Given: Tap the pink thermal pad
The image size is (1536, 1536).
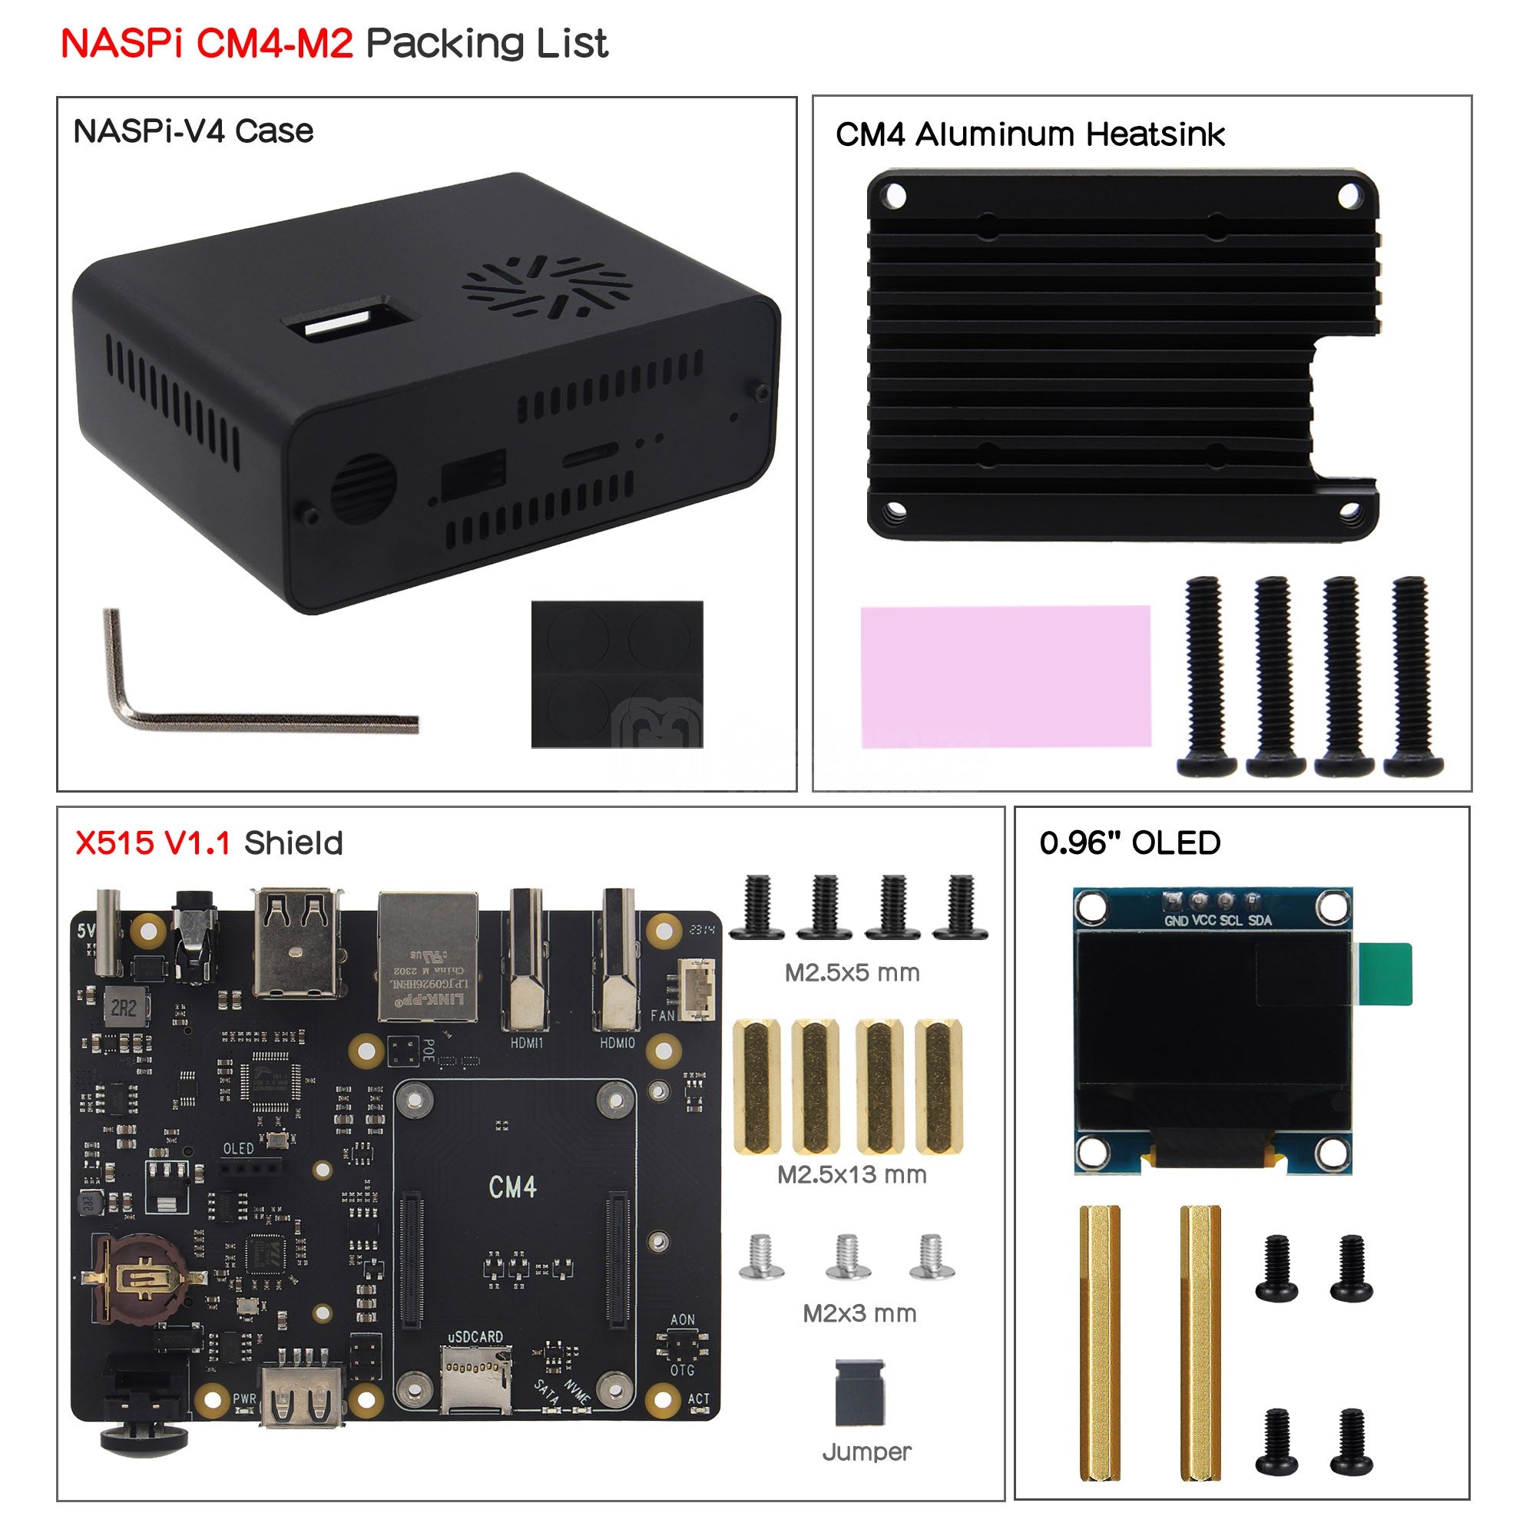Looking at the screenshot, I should [1005, 676].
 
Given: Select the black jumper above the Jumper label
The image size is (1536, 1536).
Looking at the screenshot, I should [859, 1392].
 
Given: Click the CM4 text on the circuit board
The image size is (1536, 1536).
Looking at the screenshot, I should [513, 1187].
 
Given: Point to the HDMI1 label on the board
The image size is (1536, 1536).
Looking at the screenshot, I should [526, 1042].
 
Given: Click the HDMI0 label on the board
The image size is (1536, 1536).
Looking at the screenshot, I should [617, 1042].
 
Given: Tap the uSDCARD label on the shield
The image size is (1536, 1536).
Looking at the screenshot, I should [475, 1336].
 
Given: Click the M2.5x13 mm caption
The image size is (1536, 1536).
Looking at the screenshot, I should [852, 1174].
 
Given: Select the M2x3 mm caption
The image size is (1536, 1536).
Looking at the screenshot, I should [859, 1313].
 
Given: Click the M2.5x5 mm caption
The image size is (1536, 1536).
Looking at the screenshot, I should [852, 972].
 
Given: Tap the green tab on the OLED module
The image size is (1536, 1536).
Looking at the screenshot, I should [1384, 973].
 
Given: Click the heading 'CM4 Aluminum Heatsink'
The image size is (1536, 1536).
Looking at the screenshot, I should [1030, 134].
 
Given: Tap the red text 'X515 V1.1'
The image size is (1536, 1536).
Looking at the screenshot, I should [153, 842].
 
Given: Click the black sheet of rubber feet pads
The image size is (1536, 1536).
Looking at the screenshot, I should [617, 674].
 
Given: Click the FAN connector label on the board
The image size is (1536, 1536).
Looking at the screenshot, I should [662, 1015].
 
